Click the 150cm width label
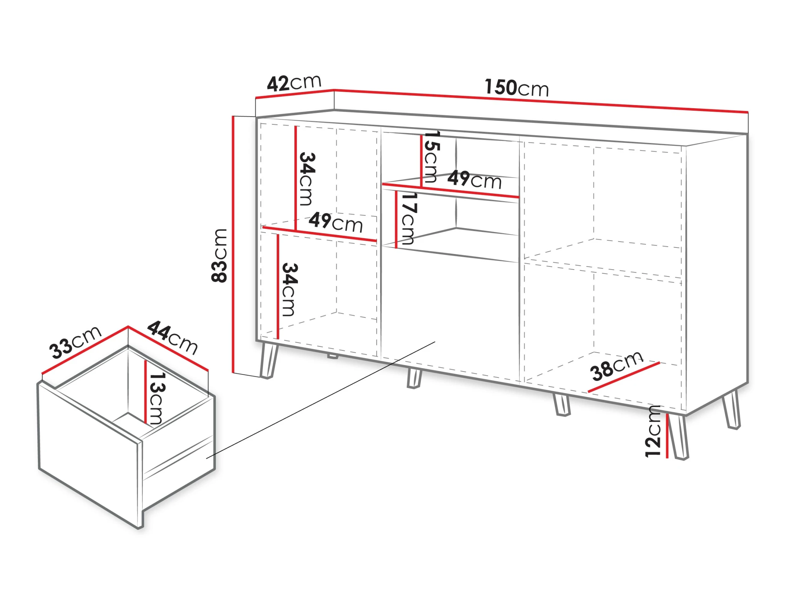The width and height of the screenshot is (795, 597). coord(516,88)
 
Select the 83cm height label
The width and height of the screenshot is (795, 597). coord(219,255)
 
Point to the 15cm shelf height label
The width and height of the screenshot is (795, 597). coord(431,157)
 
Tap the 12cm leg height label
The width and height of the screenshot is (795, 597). coord(653,431)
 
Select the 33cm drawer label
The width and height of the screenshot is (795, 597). coord(75,342)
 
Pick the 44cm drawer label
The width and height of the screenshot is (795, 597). coord(172,337)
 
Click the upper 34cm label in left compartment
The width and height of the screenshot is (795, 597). coord(307,179)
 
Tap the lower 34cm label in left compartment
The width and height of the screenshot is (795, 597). coord(290,289)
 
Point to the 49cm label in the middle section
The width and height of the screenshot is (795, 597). coord(474,180)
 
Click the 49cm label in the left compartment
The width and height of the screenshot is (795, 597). coord(336,222)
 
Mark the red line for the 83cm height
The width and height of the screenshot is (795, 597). coord(233,244)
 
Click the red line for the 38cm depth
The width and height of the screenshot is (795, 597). coord(624,377)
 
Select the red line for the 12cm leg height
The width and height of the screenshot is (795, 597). coord(667,436)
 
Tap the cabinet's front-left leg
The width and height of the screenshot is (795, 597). coord(269,360)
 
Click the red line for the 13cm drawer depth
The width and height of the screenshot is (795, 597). coord(146,392)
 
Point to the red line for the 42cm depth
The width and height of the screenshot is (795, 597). coord(295,93)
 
